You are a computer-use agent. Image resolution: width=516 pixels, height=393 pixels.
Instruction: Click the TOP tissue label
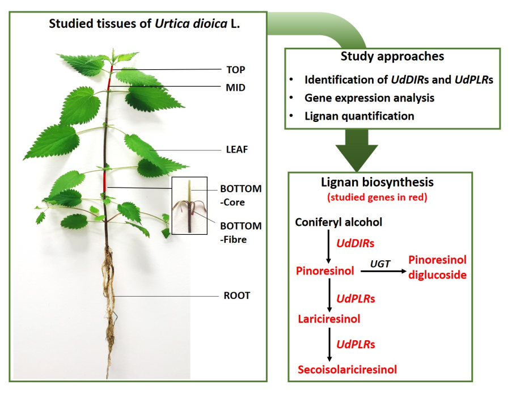tap(235, 70)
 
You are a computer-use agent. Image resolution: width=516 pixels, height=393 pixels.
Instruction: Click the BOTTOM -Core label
tap(241, 194)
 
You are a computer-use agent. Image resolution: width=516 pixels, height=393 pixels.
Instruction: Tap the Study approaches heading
tap(392, 57)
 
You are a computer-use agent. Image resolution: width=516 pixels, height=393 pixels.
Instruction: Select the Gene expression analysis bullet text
tap(369, 98)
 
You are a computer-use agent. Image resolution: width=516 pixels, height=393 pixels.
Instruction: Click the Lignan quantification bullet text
tap(359, 116)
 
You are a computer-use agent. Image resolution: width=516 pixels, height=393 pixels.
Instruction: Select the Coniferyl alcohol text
tap(339, 222)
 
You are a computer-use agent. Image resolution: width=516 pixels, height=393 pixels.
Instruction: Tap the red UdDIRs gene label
tap(356, 243)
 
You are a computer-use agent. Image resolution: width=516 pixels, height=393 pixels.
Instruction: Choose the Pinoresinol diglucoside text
tap(437, 267)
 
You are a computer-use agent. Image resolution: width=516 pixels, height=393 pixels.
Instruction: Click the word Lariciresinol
tap(329, 319)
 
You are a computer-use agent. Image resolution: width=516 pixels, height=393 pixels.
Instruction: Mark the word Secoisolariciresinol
tap(347, 370)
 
